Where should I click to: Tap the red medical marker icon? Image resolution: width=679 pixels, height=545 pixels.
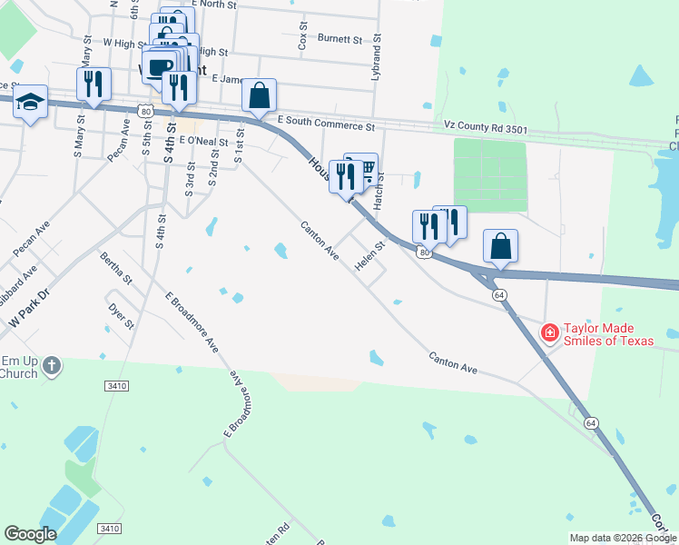tap(549, 334)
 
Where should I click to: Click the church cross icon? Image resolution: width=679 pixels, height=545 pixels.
tap(53, 366)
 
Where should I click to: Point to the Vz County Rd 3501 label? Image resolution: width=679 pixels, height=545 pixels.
tap(485, 129)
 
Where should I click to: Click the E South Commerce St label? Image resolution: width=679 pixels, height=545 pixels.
tap(326, 121)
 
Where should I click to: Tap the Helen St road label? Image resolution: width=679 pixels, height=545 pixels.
tap(370, 255)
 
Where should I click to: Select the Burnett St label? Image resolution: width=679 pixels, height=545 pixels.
tap(340, 39)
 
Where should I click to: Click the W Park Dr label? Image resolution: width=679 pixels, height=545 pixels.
tap(26, 319)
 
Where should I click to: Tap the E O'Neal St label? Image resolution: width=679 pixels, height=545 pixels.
tap(203, 141)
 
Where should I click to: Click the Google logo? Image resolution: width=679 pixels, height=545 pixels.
tap(31, 534)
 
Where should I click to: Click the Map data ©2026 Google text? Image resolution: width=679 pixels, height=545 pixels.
tap(623, 539)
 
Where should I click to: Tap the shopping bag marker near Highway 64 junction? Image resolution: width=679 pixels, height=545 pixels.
tap(500, 245)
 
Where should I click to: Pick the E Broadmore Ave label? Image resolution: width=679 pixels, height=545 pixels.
tap(192, 322)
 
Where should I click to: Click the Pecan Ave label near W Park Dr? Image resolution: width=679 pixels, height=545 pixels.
tap(32, 236)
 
